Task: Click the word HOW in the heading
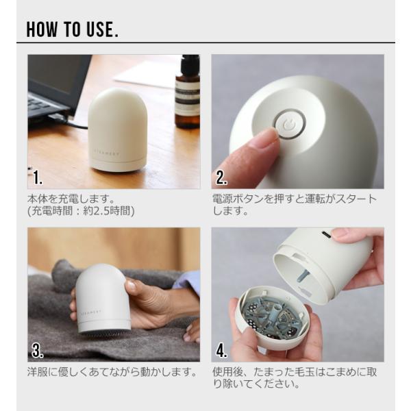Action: click(42, 29)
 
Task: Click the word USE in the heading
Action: click(100, 29)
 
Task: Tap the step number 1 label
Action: click(38, 177)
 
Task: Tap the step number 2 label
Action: click(222, 177)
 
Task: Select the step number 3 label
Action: click(38, 351)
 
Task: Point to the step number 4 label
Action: click(222, 351)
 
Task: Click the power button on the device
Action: click(290, 124)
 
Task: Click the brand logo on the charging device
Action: click(107, 153)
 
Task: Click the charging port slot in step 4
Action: click(326, 234)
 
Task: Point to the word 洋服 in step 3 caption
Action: click(38, 372)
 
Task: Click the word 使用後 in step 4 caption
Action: click(228, 372)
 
